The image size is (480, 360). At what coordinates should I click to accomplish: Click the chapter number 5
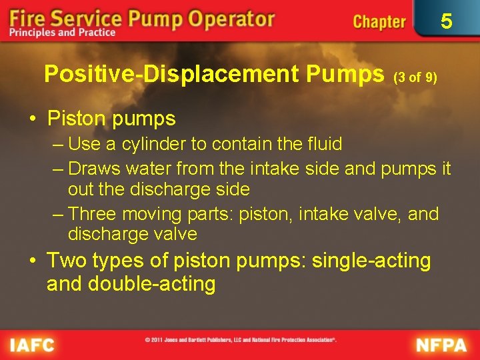click(446, 21)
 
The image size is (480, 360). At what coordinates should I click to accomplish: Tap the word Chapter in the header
click(379, 21)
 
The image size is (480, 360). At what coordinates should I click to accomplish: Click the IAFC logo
click(33, 345)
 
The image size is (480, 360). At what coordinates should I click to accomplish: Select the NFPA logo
click(442, 345)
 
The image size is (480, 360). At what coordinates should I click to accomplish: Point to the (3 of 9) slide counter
click(415, 77)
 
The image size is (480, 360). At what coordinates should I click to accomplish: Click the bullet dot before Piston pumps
click(32, 120)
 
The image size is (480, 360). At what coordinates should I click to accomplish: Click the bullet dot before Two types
click(32, 261)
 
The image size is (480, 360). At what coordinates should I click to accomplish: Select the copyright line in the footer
click(240, 340)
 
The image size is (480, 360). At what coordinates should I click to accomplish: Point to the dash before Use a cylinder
click(58, 145)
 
